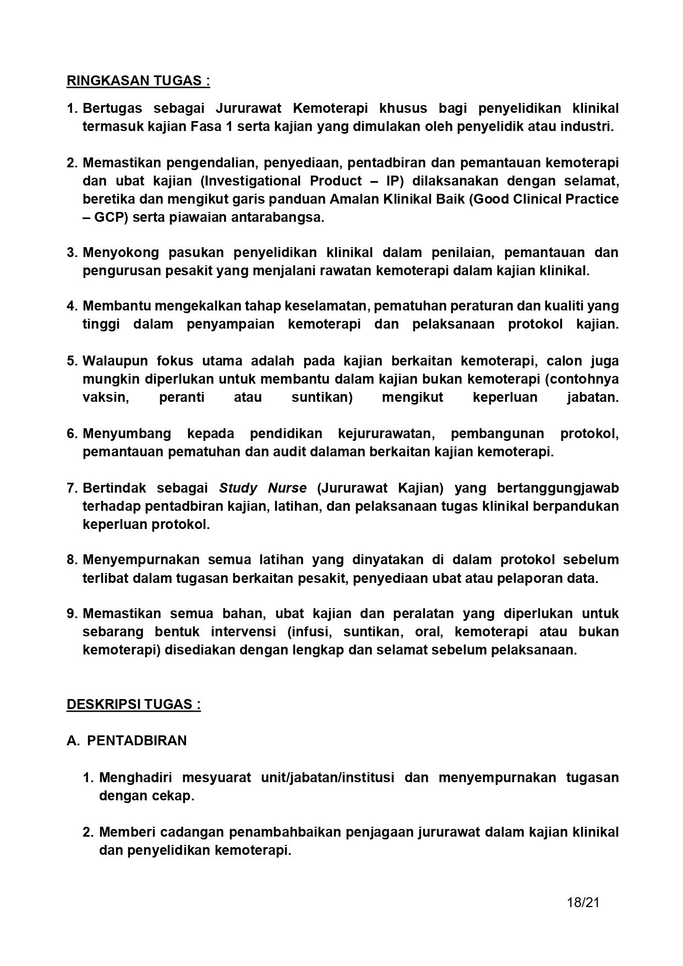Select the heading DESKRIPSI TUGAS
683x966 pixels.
(133, 705)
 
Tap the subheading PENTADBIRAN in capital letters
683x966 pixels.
(137, 741)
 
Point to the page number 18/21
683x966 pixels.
(583, 903)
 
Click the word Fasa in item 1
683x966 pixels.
(206, 127)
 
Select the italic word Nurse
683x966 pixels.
(287, 488)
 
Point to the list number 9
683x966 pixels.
(72, 614)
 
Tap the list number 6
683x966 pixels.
(72, 434)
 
